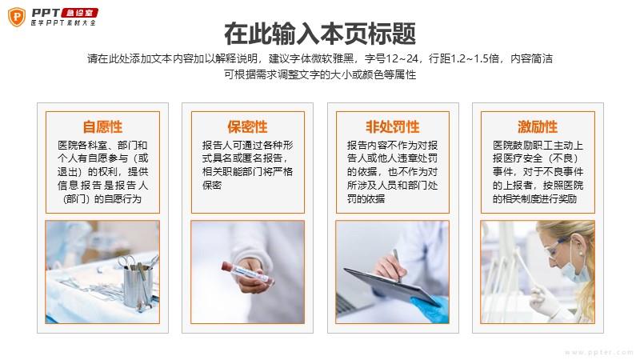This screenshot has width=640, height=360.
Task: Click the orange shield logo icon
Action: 17,17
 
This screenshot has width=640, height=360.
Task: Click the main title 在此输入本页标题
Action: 320,34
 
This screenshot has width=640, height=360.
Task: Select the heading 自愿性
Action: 102,126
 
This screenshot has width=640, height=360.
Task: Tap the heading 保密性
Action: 248,126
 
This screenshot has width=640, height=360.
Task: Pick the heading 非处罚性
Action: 393,126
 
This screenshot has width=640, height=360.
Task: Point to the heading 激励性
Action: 538,126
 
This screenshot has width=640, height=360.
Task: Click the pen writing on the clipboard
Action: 397,266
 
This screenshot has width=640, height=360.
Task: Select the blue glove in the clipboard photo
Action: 430,308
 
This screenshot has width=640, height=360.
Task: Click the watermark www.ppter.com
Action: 598,352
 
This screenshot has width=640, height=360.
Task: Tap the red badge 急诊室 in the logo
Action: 79,13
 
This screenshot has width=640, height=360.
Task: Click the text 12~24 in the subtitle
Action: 402,58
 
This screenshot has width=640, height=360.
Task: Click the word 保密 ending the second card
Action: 212,186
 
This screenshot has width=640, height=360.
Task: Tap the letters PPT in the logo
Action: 46,13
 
